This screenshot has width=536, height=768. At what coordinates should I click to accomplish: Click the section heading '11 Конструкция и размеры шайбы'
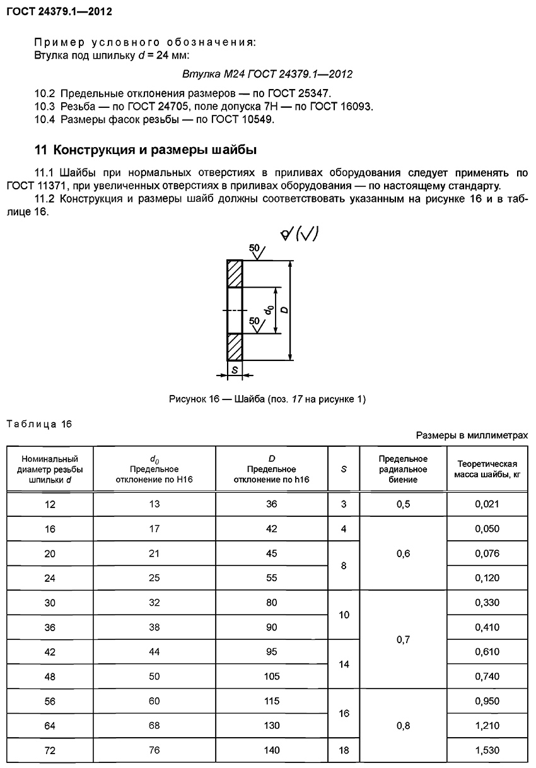point(145,150)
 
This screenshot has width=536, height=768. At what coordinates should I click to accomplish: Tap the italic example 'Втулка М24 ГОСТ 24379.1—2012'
point(267,74)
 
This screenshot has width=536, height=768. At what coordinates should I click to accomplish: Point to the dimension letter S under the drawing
point(234,371)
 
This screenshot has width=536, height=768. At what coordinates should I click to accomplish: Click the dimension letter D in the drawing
point(284,310)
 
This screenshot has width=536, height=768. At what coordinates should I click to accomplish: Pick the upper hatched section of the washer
point(234,274)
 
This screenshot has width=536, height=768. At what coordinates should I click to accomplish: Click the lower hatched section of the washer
point(234,346)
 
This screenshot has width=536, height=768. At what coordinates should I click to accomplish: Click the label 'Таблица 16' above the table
point(39,423)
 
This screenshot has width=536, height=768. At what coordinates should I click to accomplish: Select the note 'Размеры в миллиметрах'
point(472,435)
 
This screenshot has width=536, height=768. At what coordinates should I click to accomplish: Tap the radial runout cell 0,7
point(403,639)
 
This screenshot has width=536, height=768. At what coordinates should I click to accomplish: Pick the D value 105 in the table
point(272,676)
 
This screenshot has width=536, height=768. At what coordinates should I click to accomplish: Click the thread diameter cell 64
point(50,726)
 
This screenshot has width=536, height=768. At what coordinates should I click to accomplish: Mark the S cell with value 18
point(344,750)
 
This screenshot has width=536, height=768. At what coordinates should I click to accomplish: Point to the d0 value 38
point(154,627)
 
